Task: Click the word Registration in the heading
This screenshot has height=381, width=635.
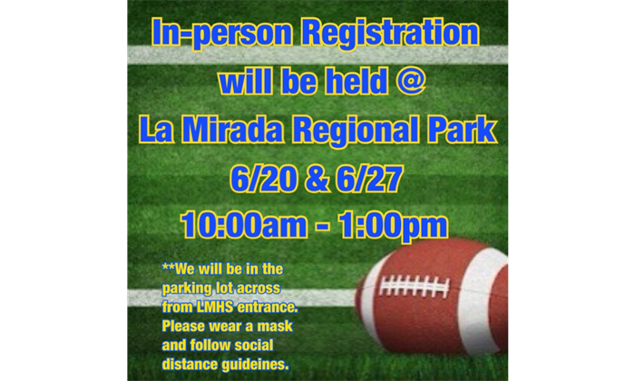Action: point(390,34)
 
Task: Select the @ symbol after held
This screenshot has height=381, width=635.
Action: point(410,81)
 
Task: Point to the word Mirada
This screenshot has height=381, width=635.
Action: point(232,130)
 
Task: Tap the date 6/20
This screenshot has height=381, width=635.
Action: point(263,178)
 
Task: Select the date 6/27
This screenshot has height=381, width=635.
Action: point(369,178)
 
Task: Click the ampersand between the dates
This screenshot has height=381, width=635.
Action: point(317,179)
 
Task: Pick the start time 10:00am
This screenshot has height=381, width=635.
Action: point(244,224)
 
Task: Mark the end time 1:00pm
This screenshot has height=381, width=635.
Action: point(393,226)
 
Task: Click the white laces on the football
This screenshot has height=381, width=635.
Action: point(414,286)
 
